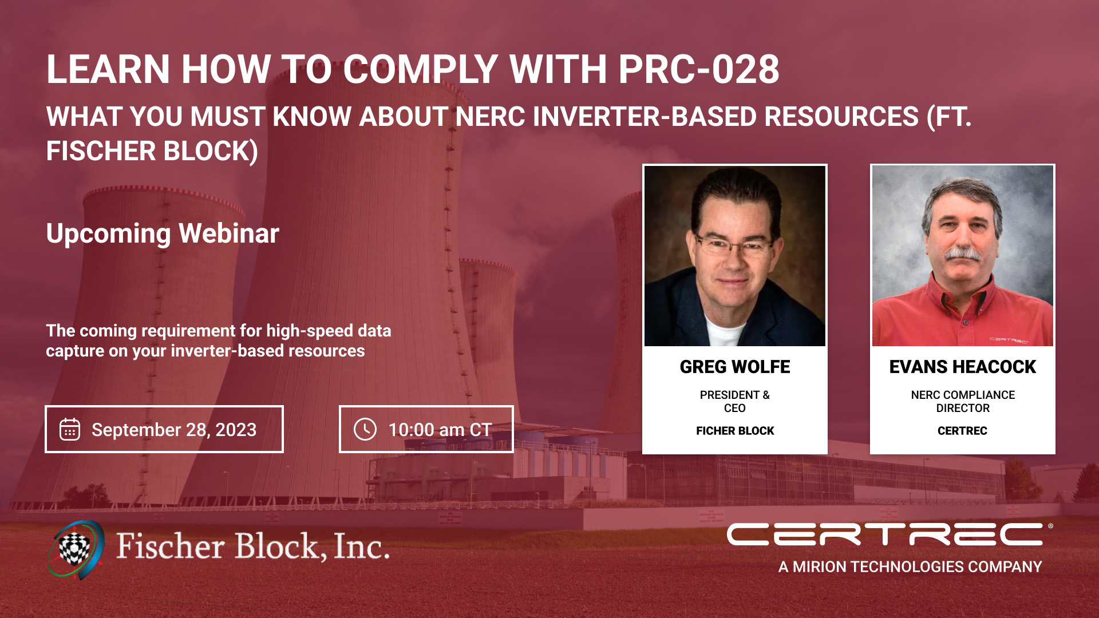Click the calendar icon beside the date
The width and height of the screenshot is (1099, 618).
[70, 429]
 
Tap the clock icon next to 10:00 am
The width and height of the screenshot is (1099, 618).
[365, 429]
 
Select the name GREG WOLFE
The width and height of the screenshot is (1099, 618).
[735, 367]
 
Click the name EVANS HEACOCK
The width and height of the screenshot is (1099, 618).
[962, 367]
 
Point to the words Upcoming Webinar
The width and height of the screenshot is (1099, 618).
[163, 233]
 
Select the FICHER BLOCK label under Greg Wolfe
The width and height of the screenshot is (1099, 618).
[735, 431]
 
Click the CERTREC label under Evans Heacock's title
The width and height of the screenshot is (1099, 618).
[962, 431]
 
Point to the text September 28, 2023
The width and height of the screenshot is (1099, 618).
[174, 430]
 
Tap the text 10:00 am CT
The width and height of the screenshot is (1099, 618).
[440, 430]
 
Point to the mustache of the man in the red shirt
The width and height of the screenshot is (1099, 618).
[963, 253]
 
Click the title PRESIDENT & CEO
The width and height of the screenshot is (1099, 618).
[735, 401]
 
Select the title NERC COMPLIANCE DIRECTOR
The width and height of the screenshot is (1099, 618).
[963, 401]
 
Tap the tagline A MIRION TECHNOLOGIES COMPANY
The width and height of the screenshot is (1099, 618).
[910, 566]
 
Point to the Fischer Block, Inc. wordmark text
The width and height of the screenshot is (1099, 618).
[252, 546]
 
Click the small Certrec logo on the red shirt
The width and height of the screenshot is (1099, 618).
[1009, 340]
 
